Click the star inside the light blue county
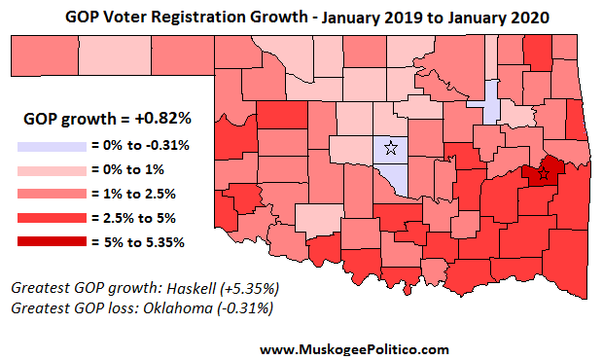point(390,148)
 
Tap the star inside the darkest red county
point(544,174)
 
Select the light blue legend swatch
point(51,145)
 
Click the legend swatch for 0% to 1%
point(51,169)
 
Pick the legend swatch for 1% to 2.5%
point(51,193)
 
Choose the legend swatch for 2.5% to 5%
point(51,216)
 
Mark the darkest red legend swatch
point(51,240)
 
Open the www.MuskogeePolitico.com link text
point(354,348)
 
